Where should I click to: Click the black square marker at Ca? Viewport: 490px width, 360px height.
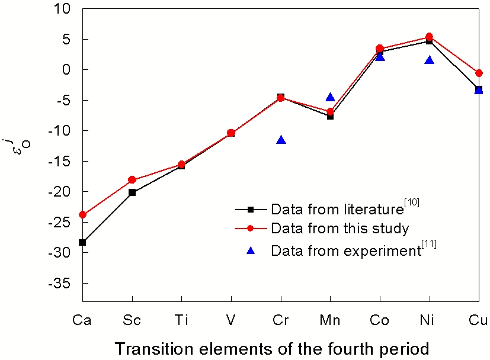click(x=82, y=242)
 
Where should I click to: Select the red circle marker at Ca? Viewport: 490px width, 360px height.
click(x=82, y=214)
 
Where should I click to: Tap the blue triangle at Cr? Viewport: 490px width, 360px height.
click(x=281, y=140)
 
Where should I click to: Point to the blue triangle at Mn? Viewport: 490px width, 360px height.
click(x=331, y=98)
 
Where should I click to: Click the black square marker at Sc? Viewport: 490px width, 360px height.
click(x=132, y=192)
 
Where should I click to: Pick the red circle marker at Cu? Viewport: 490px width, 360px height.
click(x=479, y=73)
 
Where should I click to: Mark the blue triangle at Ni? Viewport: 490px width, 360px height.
click(x=430, y=60)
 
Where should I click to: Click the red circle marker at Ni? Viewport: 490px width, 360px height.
click(x=430, y=37)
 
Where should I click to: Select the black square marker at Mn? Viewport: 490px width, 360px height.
click(x=331, y=116)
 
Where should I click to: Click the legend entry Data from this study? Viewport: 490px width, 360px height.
click(x=340, y=228)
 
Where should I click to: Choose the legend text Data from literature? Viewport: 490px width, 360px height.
click(x=337, y=209)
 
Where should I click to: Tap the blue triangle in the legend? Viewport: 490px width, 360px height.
click(x=251, y=250)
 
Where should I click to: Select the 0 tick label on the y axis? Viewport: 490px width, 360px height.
click(x=67, y=70)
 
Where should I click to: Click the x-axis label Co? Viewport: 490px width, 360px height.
click(x=380, y=320)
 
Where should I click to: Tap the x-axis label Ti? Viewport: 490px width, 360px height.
click(x=181, y=320)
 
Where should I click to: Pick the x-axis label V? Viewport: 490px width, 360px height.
click(x=231, y=320)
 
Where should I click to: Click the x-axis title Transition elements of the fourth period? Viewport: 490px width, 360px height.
click(x=272, y=349)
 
